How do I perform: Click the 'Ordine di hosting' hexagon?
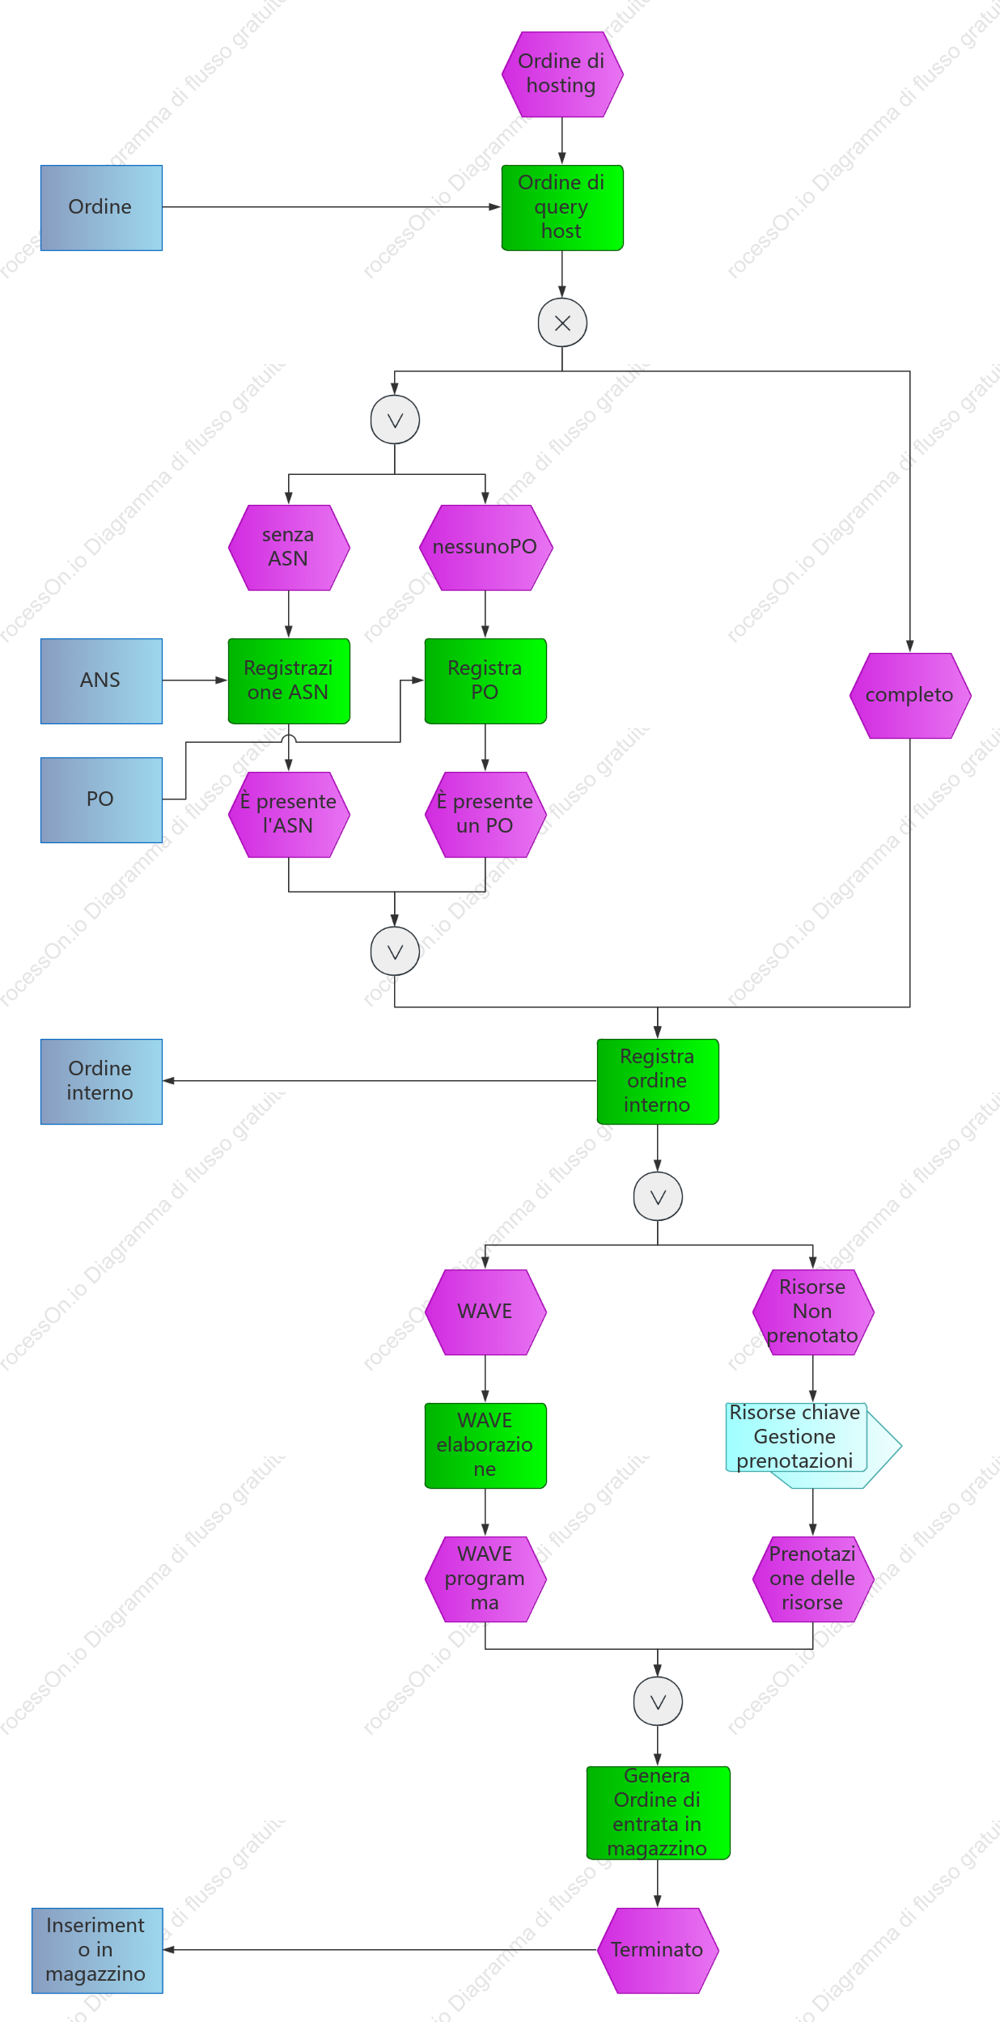click(x=562, y=74)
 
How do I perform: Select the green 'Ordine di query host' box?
click(x=562, y=208)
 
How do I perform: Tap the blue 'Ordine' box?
click(x=101, y=208)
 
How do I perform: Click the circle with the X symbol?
click(x=562, y=323)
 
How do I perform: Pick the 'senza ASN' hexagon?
click(x=289, y=548)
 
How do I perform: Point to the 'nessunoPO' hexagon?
click(x=485, y=548)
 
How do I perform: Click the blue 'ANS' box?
click(x=101, y=681)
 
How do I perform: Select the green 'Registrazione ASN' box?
click(x=289, y=681)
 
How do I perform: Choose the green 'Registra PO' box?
click(x=485, y=681)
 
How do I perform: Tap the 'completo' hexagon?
click(x=910, y=696)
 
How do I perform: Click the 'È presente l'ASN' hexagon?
click(x=289, y=815)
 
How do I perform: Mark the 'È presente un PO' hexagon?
click(x=485, y=815)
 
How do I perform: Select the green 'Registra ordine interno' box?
click(x=658, y=1082)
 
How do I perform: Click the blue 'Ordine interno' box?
click(x=101, y=1082)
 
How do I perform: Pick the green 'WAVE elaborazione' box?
click(x=485, y=1446)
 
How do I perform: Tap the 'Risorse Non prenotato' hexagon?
click(x=813, y=1312)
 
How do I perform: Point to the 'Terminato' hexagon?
click(x=658, y=1951)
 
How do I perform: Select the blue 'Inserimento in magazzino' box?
click(x=97, y=1951)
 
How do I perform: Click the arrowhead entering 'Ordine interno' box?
click(x=168, y=1081)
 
